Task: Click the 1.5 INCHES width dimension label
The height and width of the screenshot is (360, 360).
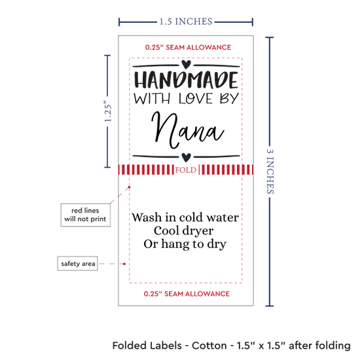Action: click(x=186, y=22)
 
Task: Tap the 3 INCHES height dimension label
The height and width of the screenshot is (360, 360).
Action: click(x=270, y=171)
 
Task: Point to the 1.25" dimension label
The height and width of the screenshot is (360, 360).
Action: click(x=108, y=111)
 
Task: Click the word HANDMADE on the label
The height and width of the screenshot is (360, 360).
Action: click(x=186, y=80)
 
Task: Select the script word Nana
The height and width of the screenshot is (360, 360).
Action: click(x=187, y=130)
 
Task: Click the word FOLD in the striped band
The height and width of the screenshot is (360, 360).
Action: click(x=186, y=170)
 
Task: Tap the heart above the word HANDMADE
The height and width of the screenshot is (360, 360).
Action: click(x=186, y=64)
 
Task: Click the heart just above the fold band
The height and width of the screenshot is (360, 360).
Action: click(x=186, y=157)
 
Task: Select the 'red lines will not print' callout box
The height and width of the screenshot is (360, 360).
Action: click(x=85, y=215)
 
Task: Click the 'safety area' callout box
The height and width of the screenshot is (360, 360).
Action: click(x=78, y=264)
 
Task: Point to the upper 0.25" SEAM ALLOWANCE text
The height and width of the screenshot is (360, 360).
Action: click(x=188, y=47)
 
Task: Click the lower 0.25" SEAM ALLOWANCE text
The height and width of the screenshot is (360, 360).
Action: click(x=187, y=294)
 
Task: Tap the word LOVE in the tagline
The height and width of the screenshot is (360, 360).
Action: click(x=196, y=99)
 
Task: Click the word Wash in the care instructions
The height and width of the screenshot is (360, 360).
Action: click(x=147, y=217)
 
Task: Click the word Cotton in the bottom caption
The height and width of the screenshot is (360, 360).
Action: click(x=209, y=346)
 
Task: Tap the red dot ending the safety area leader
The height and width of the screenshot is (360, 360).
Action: click(x=124, y=264)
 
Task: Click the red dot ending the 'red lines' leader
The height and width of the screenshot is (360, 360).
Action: click(x=129, y=187)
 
